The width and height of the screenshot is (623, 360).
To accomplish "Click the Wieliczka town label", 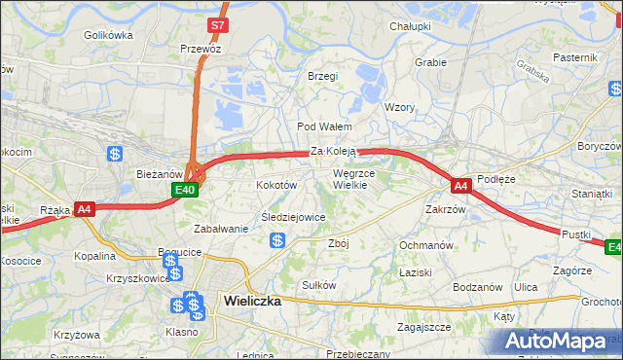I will tap(251, 301).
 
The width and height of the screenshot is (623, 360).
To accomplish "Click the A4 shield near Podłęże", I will tap(460, 184).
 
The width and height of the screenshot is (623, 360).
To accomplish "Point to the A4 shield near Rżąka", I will tap(85, 208).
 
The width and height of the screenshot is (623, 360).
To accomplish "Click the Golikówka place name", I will tap(107, 35).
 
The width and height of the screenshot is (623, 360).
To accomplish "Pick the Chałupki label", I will tap(410, 26).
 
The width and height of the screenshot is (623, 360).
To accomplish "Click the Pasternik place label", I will tap(574, 57).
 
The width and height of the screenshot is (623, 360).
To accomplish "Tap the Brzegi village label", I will tap(322, 76).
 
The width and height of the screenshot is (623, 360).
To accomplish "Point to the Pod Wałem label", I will tap(323, 126).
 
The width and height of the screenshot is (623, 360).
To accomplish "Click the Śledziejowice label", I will tap(292, 218).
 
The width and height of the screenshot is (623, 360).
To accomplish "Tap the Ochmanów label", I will tap(426, 244).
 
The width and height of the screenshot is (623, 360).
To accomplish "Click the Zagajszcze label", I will tap(423, 327).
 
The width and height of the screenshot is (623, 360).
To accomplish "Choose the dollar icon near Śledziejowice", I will tap(277, 240).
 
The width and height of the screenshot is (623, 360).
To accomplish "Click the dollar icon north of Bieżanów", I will tap(115, 153).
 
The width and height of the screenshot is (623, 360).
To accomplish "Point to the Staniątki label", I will tap(592, 194).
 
